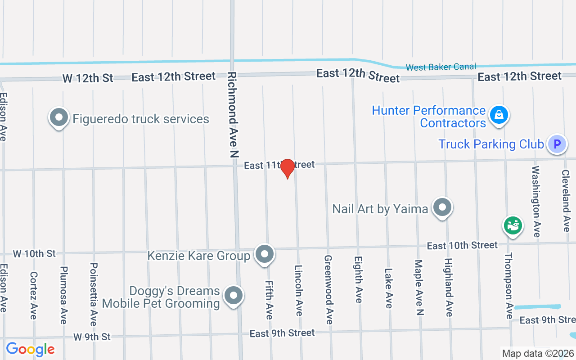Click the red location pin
(x=288, y=169)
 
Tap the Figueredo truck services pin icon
(x=58, y=118)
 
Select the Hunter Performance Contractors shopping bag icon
(x=499, y=115)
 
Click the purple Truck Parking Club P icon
(x=557, y=144)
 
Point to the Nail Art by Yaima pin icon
(x=442, y=208)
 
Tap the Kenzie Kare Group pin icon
(x=265, y=254)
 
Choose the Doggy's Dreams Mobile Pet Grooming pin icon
(x=233, y=296)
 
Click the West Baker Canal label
(x=441, y=67)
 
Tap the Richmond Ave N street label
(x=233, y=115)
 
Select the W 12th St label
(x=88, y=78)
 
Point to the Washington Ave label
(x=536, y=202)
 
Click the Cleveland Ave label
(x=566, y=201)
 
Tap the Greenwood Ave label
(x=328, y=290)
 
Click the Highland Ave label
(x=448, y=287)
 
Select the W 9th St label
(x=92, y=337)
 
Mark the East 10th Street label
(x=462, y=245)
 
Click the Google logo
(x=30, y=349)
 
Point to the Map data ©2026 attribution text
(x=538, y=354)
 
